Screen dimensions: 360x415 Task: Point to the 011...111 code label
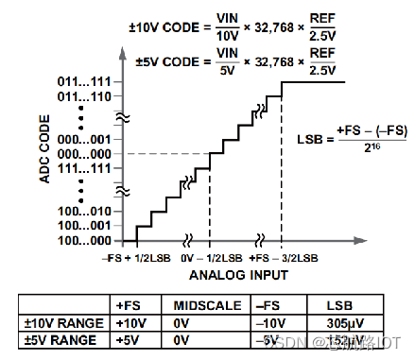[83, 83]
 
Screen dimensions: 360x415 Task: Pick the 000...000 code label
[83, 154]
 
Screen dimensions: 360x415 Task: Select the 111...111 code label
[83, 167]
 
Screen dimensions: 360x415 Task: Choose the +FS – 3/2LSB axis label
[283, 257]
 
